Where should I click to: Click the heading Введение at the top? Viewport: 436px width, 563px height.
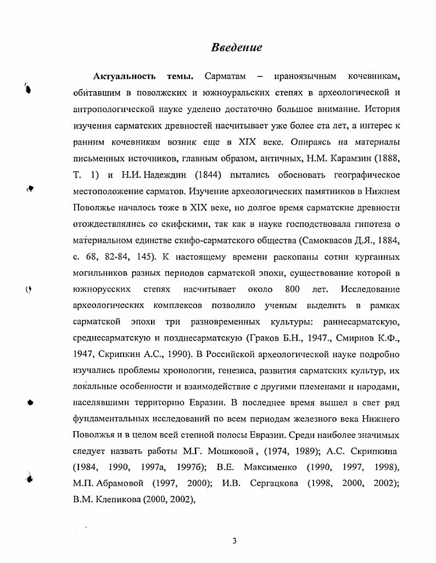[x=236, y=47]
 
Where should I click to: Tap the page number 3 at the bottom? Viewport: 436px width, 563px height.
[x=234, y=540]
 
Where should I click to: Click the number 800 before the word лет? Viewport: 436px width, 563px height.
[x=293, y=289]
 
